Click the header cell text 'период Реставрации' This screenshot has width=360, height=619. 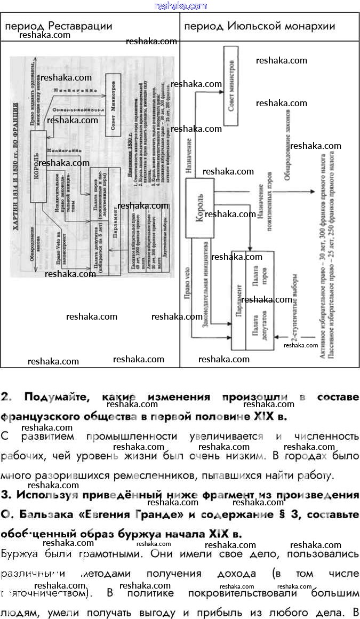coord(59,26)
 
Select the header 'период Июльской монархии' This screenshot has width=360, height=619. coord(259,26)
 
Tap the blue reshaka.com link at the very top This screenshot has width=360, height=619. coord(180,6)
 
